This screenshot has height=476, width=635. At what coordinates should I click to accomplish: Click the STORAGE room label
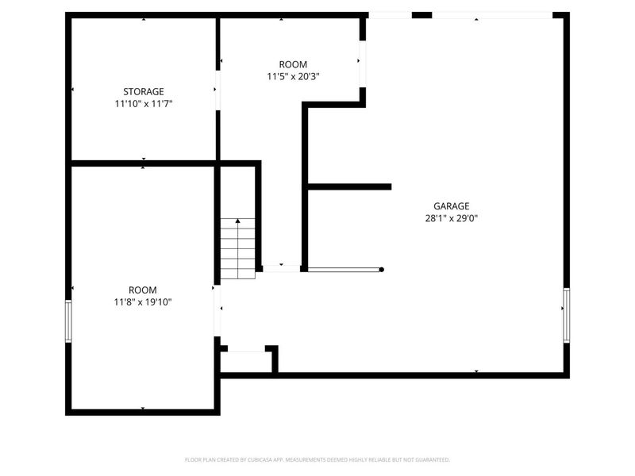[x=143, y=91]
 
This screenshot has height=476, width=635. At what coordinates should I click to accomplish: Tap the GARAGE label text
[x=451, y=206]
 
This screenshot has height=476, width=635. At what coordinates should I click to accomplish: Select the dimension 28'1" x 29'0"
[x=451, y=219]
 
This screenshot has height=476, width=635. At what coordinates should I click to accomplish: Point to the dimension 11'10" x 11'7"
[x=143, y=104]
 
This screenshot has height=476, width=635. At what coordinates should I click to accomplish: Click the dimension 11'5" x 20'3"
[x=293, y=77]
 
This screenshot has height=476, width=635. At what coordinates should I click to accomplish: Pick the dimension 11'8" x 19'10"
[x=143, y=302]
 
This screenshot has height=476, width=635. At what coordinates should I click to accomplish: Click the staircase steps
[x=238, y=250]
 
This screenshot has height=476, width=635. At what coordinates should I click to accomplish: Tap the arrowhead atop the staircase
[x=237, y=221]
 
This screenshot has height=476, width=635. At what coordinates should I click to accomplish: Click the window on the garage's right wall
[x=566, y=316]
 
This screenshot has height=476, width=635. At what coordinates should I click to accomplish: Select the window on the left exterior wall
[x=68, y=321]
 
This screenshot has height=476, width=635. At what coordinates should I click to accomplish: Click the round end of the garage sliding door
[x=382, y=270]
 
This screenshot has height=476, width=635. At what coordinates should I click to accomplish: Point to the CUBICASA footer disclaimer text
[x=317, y=460]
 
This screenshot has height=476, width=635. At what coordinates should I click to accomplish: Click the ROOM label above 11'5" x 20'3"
[x=293, y=64]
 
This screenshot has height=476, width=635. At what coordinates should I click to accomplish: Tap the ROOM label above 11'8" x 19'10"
[x=143, y=290]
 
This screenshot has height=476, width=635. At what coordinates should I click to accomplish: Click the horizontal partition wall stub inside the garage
[x=349, y=187]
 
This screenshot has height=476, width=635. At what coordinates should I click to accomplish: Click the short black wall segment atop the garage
[x=421, y=15]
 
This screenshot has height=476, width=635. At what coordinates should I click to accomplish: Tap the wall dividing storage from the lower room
[x=143, y=163]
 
